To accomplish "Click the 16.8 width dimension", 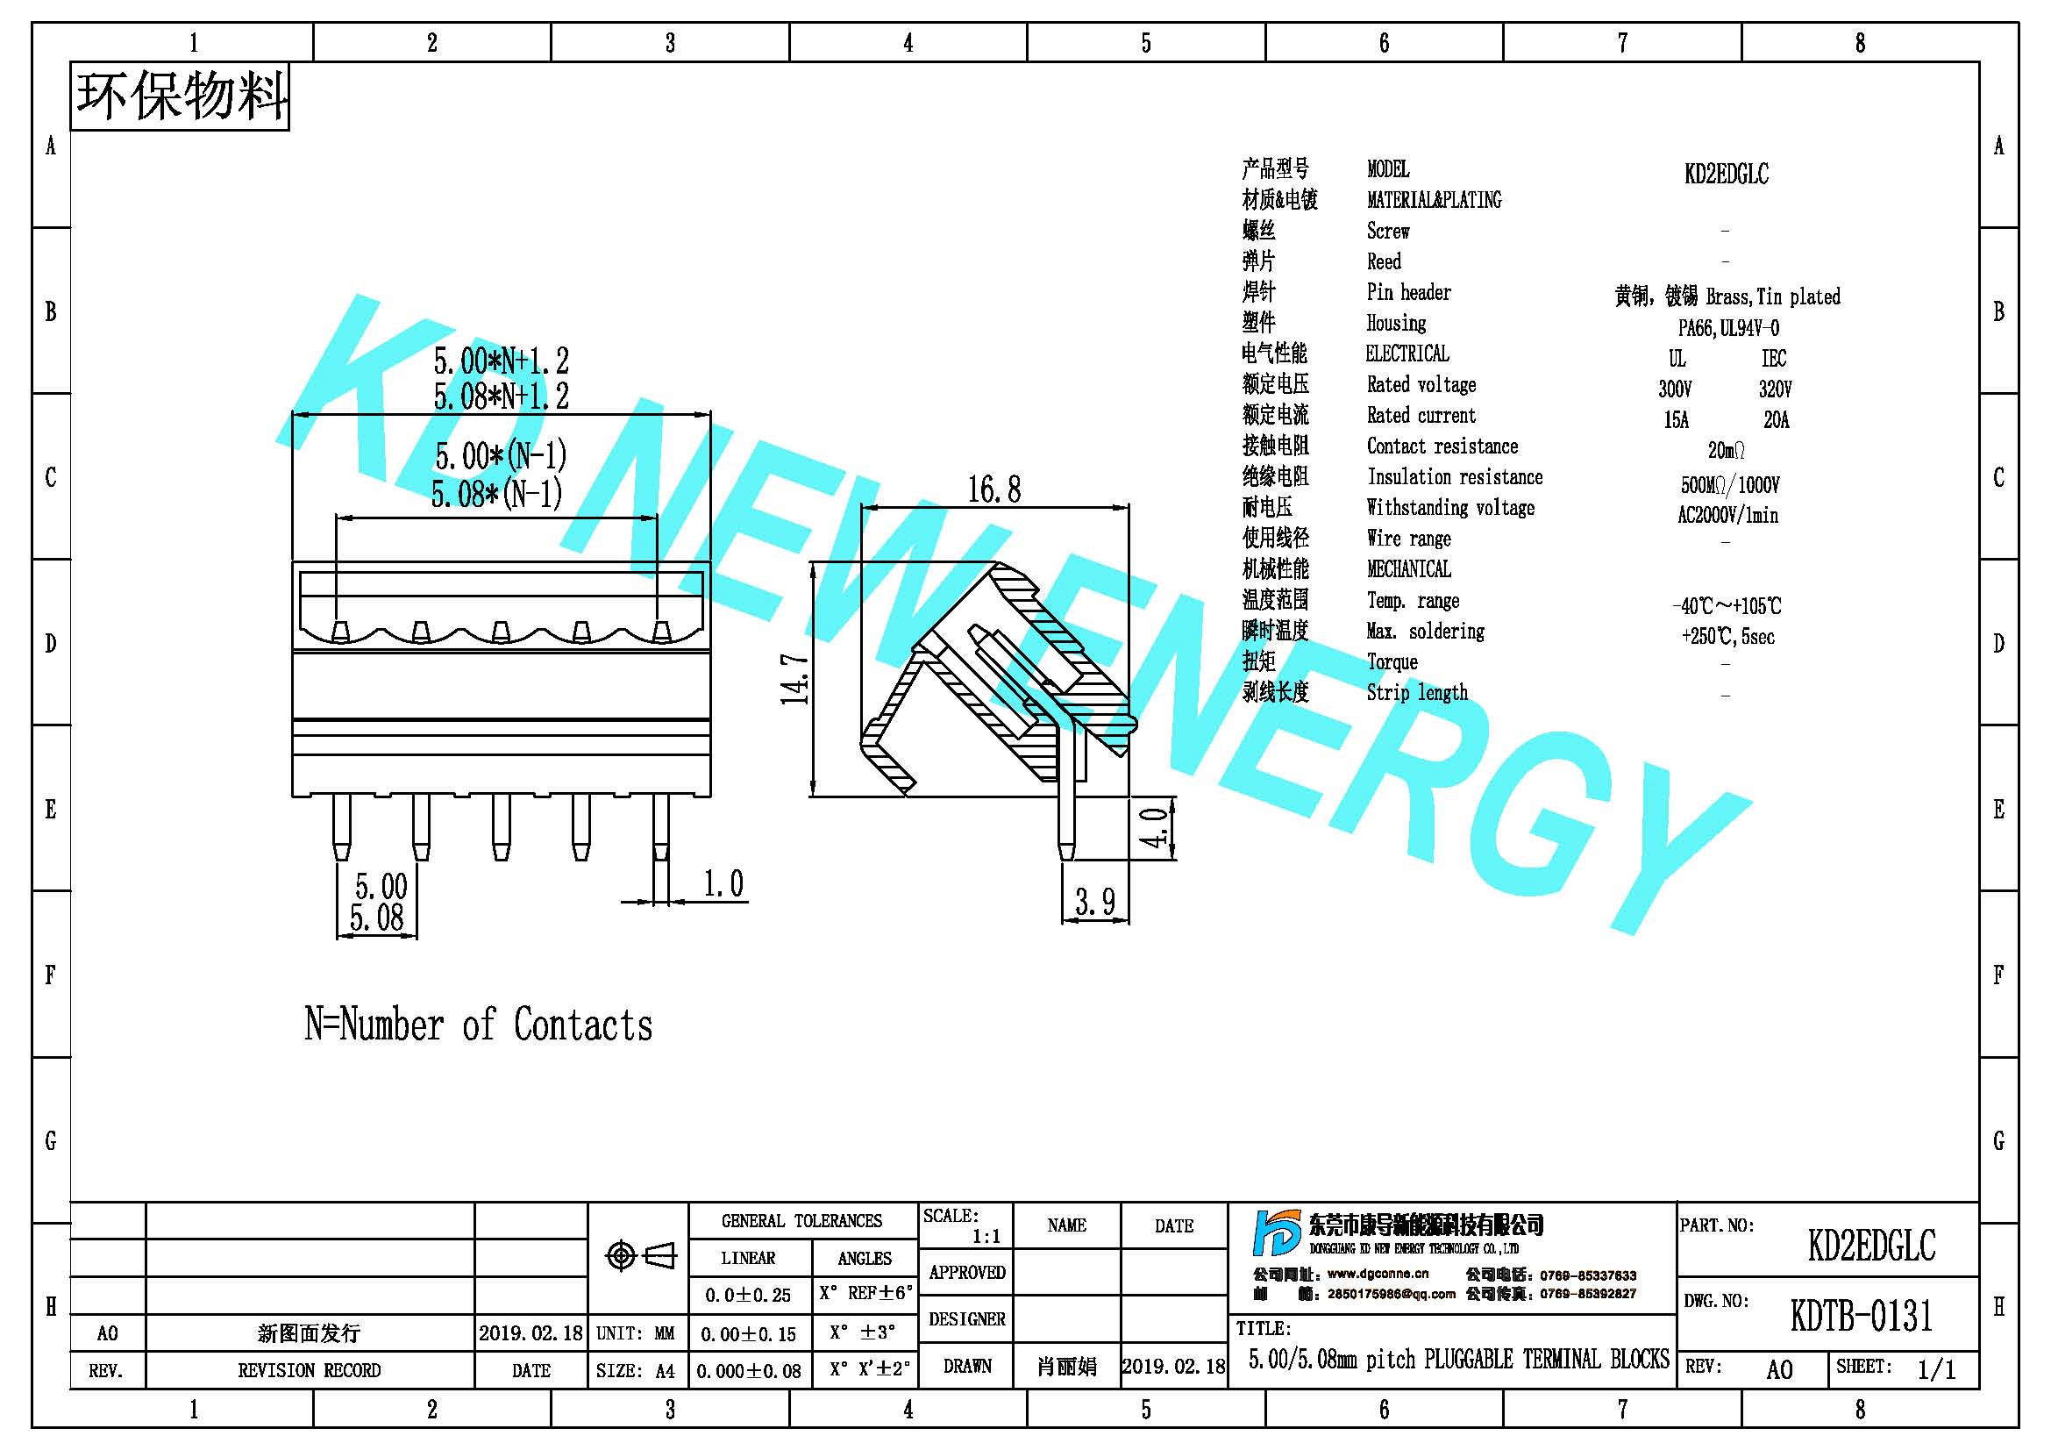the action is (x=994, y=489).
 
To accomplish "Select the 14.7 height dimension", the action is (x=795, y=679).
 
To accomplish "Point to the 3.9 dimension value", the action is (x=1095, y=902).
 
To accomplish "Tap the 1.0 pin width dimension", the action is (x=723, y=883).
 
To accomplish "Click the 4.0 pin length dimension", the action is (x=1155, y=827).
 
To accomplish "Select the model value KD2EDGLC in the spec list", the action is (x=1726, y=174).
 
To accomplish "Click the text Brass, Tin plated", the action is (x=1773, y=296).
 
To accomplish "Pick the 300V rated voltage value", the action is (x=1675, y=389).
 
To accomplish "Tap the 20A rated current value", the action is (x=1776, y=420).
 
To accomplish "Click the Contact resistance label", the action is (x=1442, y=446).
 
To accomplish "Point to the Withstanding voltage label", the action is (x=1450, y=507).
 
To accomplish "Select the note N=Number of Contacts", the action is (x=479, y=1025).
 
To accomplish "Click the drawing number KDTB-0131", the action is (x=1862, y=1315).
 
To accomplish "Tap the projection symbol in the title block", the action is (x=641, y=1256).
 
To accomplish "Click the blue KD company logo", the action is (x=1277, y=1233).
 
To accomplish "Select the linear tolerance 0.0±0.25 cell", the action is (x=749, y=1296).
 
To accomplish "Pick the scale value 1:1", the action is (x=986, y=1237).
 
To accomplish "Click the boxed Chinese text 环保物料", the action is (x=181, y=96).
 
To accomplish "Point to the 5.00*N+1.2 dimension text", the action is (x=502, y=361).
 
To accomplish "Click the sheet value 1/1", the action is (x=1937, y=1369).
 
